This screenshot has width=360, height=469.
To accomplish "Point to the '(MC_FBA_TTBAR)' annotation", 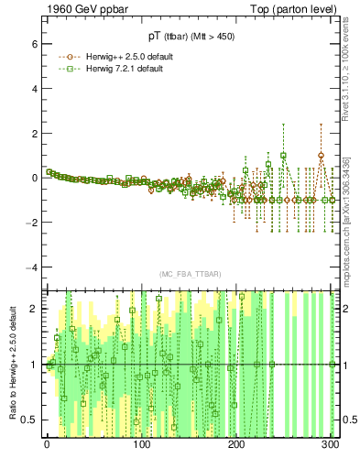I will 189,275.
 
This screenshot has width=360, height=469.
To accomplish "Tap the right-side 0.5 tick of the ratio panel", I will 350,420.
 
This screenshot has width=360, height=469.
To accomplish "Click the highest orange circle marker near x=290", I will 321,156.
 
